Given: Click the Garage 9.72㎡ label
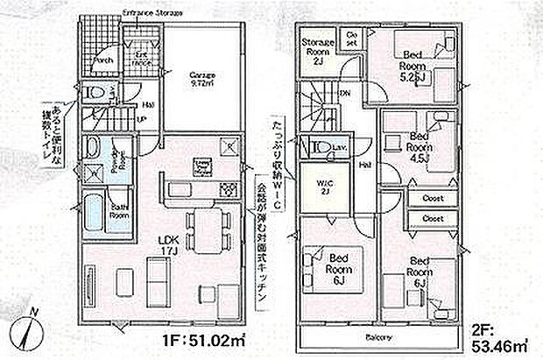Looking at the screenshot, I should coord(203,80).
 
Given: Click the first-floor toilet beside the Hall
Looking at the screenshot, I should coord(95,93).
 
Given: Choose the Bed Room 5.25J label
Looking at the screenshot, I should coord(413,67).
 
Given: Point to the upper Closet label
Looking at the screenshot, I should coord(433,197).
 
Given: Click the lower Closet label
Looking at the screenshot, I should coord(433,217).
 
